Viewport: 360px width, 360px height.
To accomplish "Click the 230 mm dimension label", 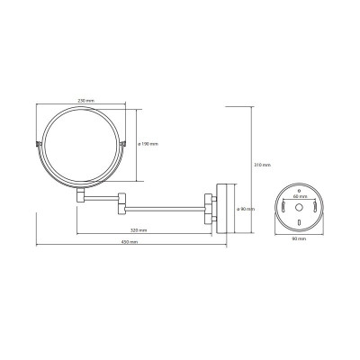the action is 86,101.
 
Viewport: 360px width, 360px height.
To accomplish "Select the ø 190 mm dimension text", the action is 148,144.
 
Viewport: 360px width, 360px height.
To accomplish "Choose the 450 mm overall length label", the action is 130,242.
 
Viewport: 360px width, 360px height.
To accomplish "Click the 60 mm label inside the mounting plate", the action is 299,196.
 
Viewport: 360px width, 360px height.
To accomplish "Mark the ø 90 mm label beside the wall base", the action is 246,209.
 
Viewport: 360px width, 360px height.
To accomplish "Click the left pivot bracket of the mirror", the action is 38,144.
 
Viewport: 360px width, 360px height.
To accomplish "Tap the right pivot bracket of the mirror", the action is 123,144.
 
